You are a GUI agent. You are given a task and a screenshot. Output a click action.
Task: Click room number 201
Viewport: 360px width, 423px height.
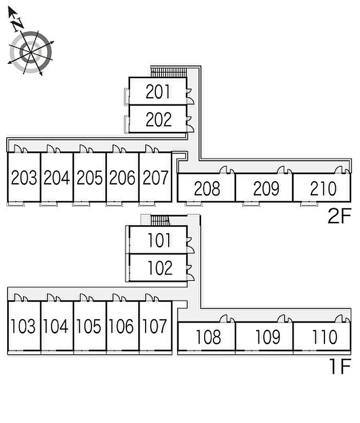(158, 92)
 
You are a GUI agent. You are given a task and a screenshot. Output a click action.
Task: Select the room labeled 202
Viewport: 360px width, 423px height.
(158, 119)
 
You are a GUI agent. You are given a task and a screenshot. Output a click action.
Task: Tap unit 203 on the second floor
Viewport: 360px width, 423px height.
(24, 178)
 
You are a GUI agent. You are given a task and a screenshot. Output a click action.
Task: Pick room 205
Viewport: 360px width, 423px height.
(89, 178)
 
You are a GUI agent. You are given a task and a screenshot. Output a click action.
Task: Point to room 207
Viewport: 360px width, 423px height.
(155, 178)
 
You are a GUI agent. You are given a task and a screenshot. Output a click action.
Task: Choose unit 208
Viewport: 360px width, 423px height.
(207, 189)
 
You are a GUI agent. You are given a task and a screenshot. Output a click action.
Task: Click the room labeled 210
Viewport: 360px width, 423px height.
(323, 189)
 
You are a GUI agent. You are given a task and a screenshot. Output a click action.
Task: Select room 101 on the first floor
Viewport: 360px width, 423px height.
(158, 241)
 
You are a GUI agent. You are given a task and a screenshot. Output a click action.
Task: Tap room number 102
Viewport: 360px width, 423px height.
(158, 268)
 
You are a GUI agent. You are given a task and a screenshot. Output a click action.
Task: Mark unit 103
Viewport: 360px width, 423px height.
(24, 326)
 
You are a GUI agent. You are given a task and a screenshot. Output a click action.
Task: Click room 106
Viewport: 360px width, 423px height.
(122, 326)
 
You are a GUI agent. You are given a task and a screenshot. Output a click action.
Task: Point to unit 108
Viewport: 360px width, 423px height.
(208, 337)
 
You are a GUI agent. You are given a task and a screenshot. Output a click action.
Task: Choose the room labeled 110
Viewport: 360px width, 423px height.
(324, 337)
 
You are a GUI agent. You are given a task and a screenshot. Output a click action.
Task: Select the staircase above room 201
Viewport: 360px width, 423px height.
(168, 72)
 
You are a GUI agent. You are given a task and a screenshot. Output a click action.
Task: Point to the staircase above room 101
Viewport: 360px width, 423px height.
(160, 220)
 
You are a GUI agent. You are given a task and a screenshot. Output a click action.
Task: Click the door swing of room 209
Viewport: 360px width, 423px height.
(283, 170)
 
